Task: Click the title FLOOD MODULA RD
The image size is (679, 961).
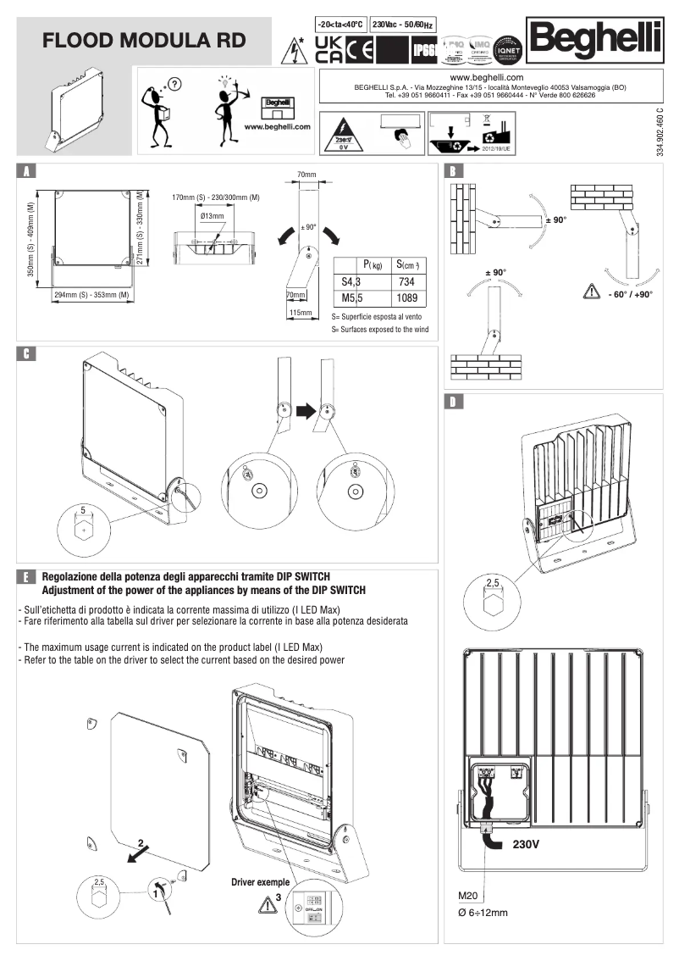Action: [145, 40]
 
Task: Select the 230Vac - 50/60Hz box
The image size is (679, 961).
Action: [406, 24]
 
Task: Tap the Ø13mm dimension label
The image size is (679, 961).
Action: [213, 217]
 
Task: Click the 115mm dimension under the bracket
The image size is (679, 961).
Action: [300, 313]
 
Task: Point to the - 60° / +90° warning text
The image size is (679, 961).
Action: [630, 294]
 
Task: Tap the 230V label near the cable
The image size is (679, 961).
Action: [526, 845]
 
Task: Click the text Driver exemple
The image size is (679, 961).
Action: [261, 882]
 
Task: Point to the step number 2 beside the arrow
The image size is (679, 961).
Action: [141, 843]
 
